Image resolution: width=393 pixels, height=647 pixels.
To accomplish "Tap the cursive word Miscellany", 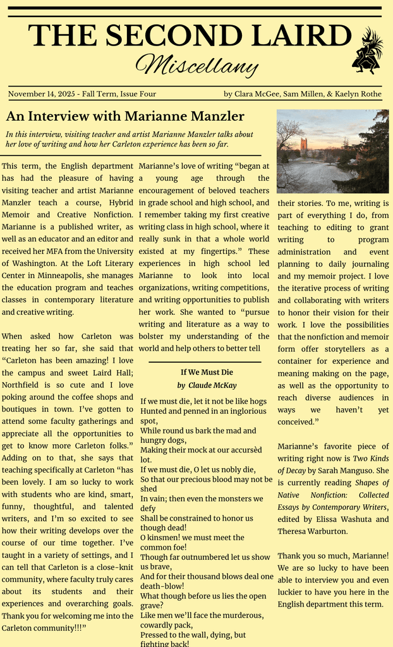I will click(196, 64).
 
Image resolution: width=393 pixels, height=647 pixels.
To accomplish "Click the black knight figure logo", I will click(367, 52).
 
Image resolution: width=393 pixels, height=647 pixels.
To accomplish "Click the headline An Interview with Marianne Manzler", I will click(125, 116).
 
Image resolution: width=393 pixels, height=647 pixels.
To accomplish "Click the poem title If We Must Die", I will click(207, 372).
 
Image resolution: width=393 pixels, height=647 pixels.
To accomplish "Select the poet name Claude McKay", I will click(212, 385).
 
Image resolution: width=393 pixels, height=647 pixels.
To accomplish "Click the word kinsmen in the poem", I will click(165, 538).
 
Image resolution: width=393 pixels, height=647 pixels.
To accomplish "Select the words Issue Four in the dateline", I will click(138, 94).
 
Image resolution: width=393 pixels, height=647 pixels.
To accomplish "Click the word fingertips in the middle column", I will click(217, 251).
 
